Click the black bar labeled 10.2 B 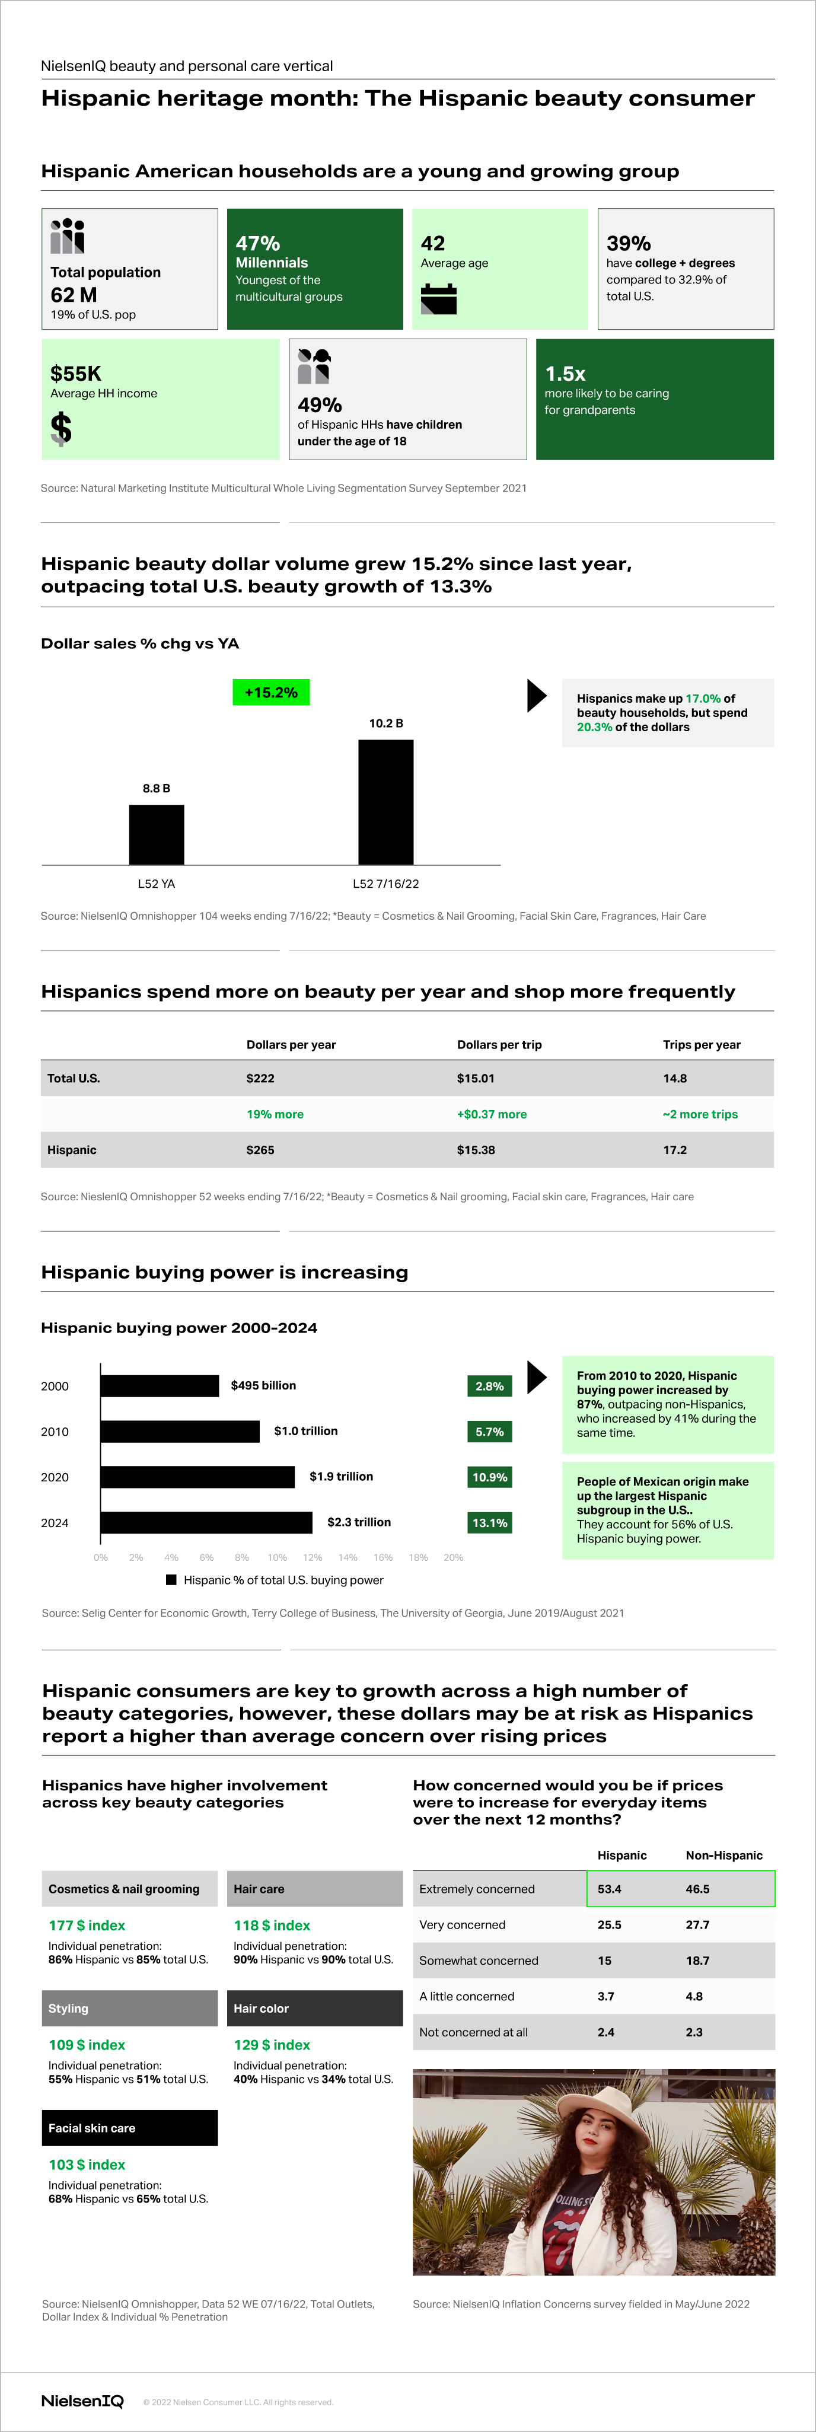[x=385, y=802]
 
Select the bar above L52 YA [x=157, y=834]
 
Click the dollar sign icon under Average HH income [x=62, y=429]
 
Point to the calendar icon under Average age [x=438, y=298]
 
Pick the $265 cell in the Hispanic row [x=261, y=1150]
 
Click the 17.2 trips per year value [x=675, y=1150]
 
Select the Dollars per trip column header [x=499, y=1044]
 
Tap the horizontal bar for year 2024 [x=206, y=1522]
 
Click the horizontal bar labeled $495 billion [x=160, y=1386]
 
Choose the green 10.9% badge [x=489, y=1477]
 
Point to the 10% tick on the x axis [x=277, y=1557]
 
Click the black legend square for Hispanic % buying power [x=171, y=1579]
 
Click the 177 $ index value [x=87, y=1925]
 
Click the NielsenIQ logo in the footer [x=82, y=2401]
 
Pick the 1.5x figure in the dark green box [x=565, y=373]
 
